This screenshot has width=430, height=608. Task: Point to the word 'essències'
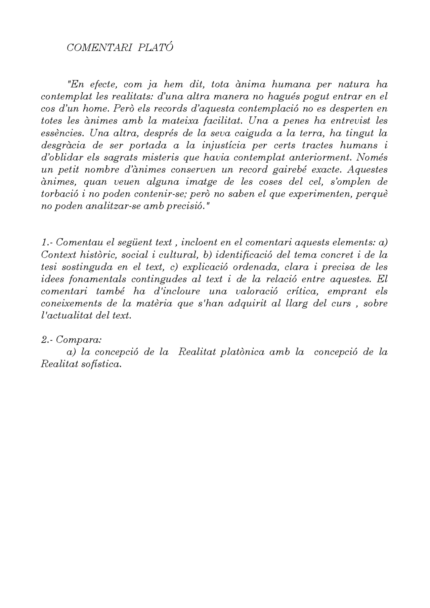tap(62, 133)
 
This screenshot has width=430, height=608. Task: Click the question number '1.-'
tap(47, 242)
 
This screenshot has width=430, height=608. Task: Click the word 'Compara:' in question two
tap(79, 340)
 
